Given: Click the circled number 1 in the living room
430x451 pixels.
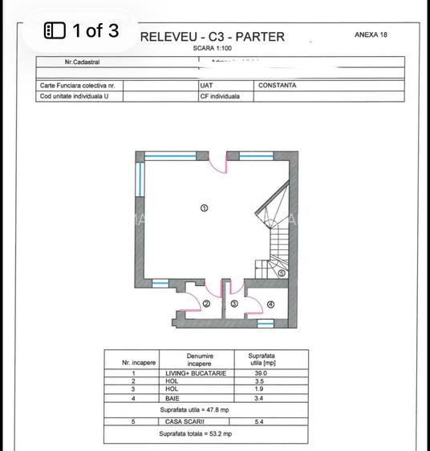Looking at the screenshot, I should coord(204,207).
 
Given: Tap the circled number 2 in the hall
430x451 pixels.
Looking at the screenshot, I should coord(206,304).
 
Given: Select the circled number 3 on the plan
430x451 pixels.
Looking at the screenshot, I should coord(233,304).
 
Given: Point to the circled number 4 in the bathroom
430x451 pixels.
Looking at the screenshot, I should coord(270,304).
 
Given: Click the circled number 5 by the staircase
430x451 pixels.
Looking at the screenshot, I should coord(282,273).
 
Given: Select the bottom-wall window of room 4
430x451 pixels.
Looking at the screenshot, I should coord(263,323).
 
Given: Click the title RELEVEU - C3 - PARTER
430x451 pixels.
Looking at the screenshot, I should coord(212,37).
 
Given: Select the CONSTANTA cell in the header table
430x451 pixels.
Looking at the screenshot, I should coord(278,85).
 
